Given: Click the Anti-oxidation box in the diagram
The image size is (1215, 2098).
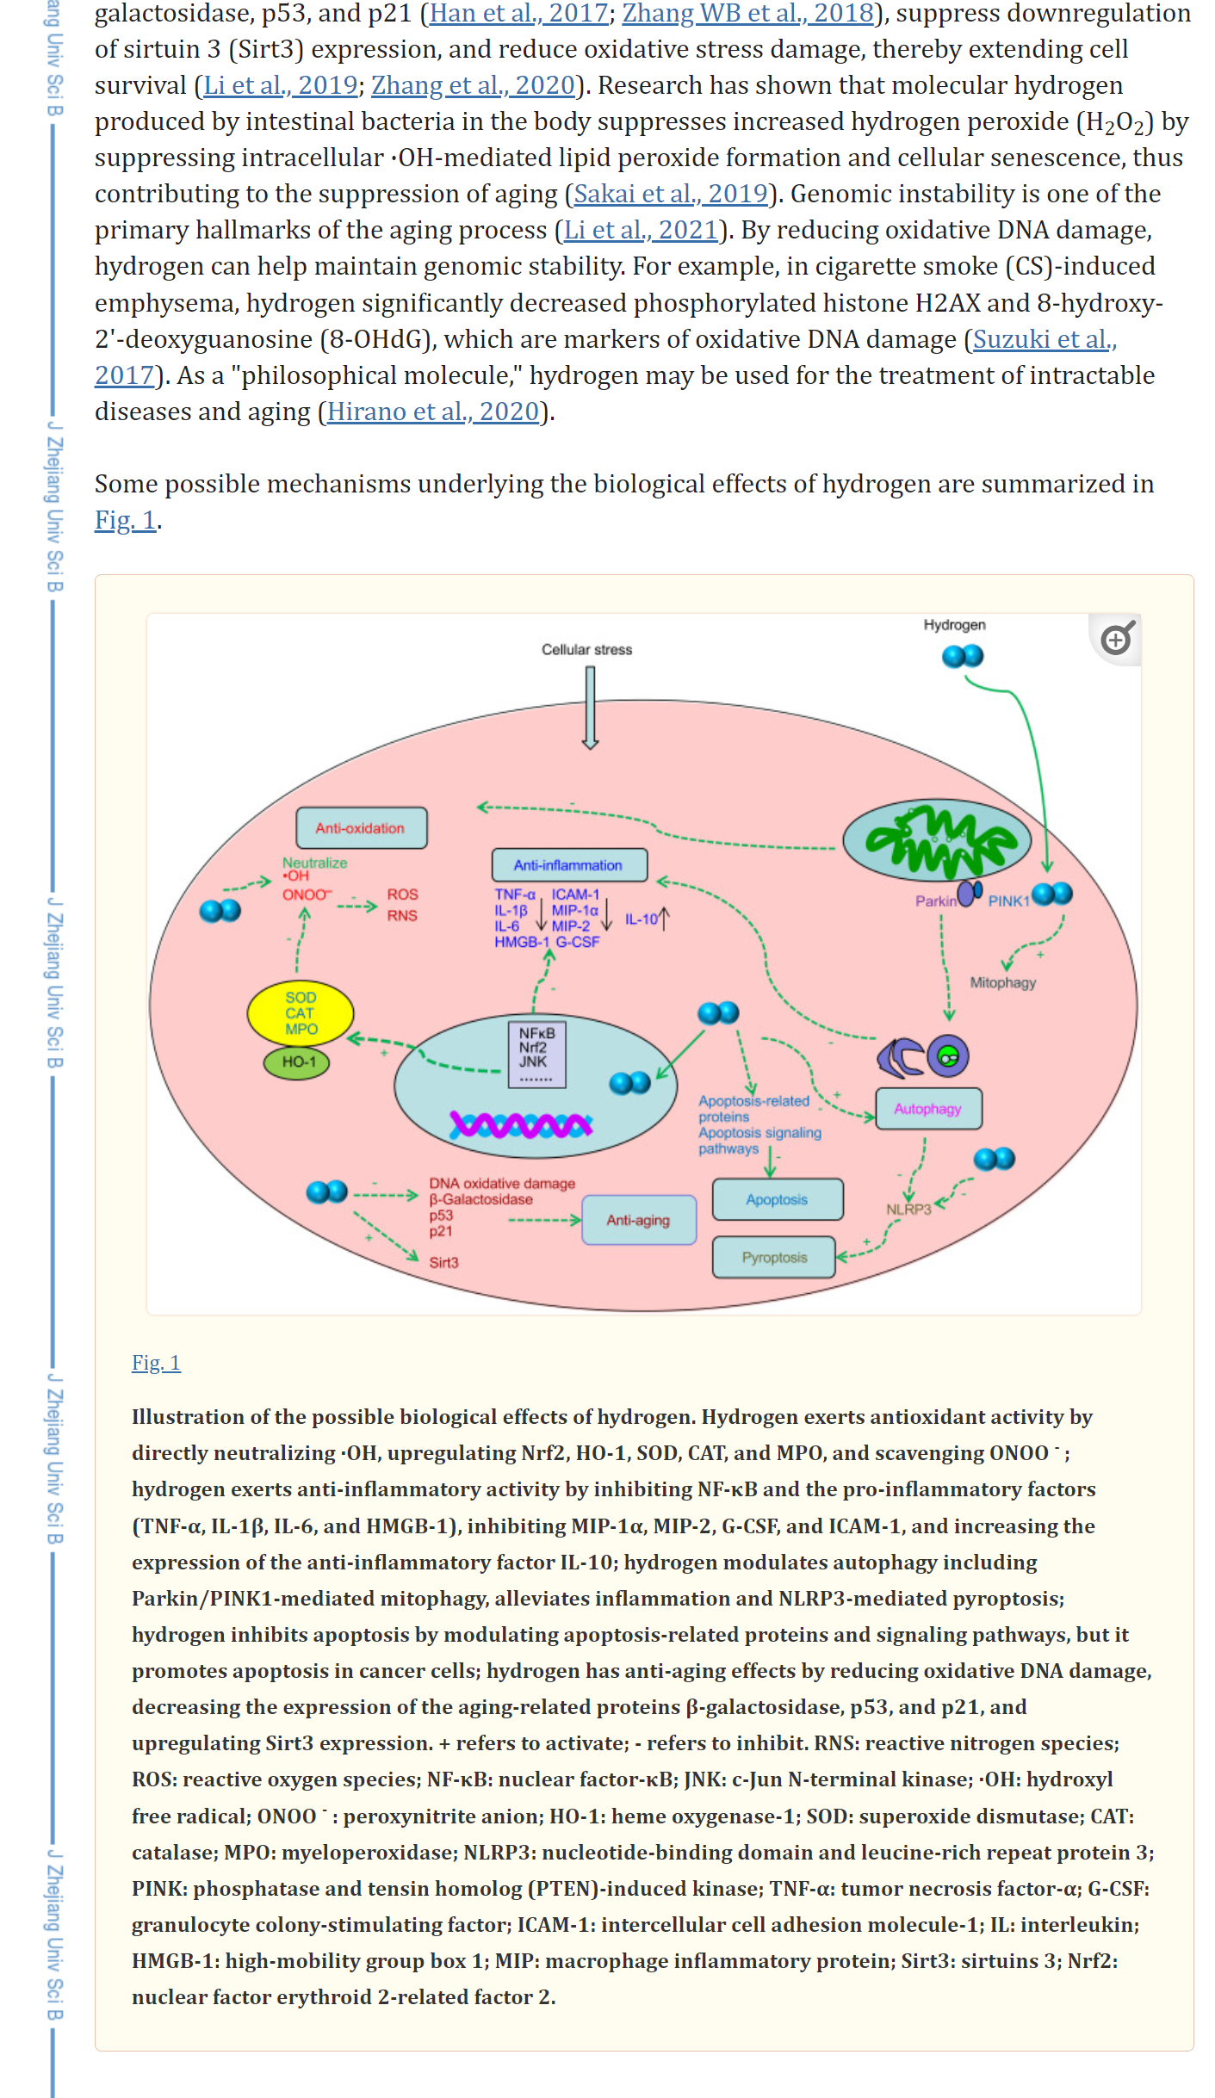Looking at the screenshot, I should pos(361,828).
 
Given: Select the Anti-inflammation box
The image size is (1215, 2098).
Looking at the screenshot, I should pos(568,865).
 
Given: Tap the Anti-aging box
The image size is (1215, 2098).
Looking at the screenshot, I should pos(638,1220).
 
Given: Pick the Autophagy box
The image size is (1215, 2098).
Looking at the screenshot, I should pos(927,1109).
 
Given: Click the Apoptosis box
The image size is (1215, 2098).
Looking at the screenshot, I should pos(777,1199).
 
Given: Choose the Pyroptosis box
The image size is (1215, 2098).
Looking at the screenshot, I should pos(774,1258).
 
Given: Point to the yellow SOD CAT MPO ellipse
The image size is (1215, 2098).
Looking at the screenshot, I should pos(301,1013).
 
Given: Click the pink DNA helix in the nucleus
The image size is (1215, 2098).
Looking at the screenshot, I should pos(521,1124).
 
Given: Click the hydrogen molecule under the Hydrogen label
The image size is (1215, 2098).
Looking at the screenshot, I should pos(963,657).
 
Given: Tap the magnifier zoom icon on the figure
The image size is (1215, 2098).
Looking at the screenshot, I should pos(1117,639).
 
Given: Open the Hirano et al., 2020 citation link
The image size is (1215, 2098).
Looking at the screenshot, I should pos(432,412).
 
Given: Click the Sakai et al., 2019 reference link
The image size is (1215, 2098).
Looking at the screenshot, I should pos(670,194).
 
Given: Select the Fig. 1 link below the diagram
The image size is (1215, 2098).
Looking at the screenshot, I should pos(156,1363).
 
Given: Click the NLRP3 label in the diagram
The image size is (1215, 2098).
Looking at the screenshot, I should pos(908,1210).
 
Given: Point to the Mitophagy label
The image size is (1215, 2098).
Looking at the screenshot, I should pos(1002,982).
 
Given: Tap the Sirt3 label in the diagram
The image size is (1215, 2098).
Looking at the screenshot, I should pos(443,1263).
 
